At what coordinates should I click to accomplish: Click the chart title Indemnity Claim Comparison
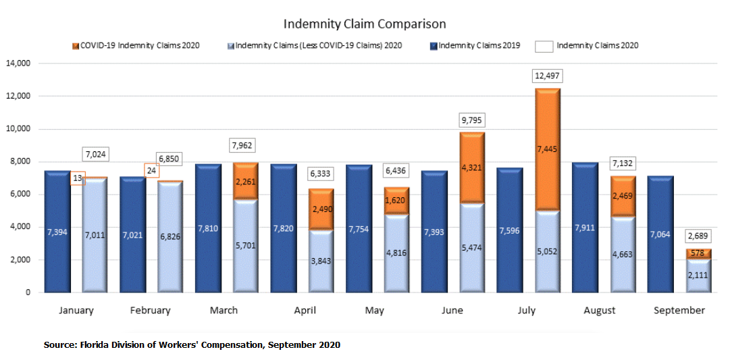pos(365,24)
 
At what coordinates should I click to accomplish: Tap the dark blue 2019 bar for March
pos(209,228)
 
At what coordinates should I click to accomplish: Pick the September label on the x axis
pos(679,311)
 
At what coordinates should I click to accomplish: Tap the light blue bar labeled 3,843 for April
pos(321,261)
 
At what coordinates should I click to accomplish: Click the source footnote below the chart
pos(192,345)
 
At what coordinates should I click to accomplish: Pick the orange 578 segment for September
pos(699,254)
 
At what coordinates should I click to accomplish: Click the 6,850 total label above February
pos(170,157)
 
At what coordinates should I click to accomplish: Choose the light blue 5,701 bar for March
pos(245,246)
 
